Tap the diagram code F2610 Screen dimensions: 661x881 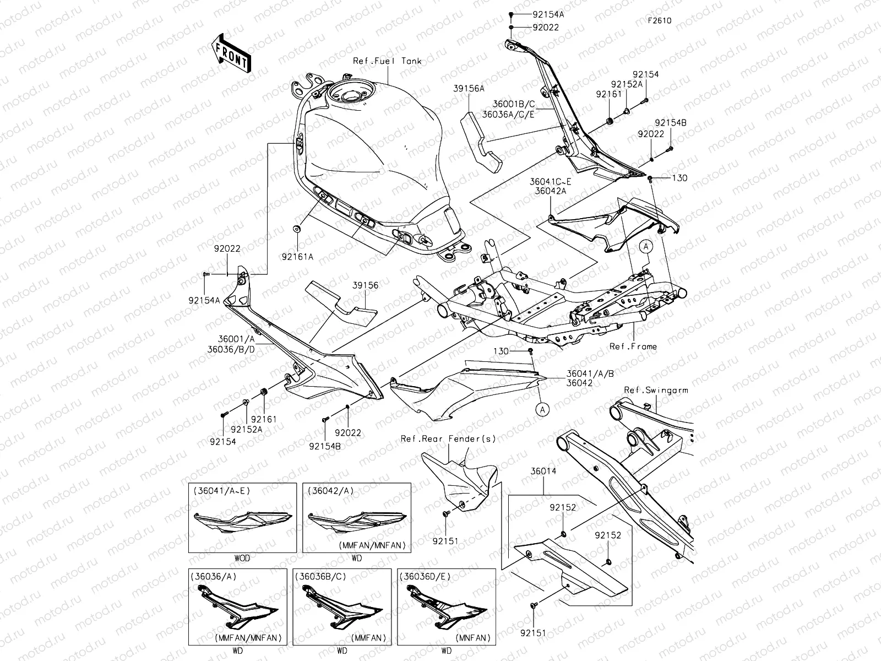659,21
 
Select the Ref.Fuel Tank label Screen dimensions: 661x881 387,61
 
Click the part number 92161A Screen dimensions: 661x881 297,256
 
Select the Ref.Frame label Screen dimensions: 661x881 633,346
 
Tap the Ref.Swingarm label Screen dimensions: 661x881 655,390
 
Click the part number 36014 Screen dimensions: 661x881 543,472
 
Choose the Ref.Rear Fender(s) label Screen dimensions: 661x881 448,439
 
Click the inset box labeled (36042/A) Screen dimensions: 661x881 357,518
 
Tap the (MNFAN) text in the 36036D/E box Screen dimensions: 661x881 473,638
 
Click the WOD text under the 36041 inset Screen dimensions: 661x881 242,558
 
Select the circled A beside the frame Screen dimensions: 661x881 646,247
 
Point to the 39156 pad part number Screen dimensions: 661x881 366,285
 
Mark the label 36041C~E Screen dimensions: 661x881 551,181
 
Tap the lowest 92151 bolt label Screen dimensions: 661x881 534,633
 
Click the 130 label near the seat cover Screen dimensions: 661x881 679,178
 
